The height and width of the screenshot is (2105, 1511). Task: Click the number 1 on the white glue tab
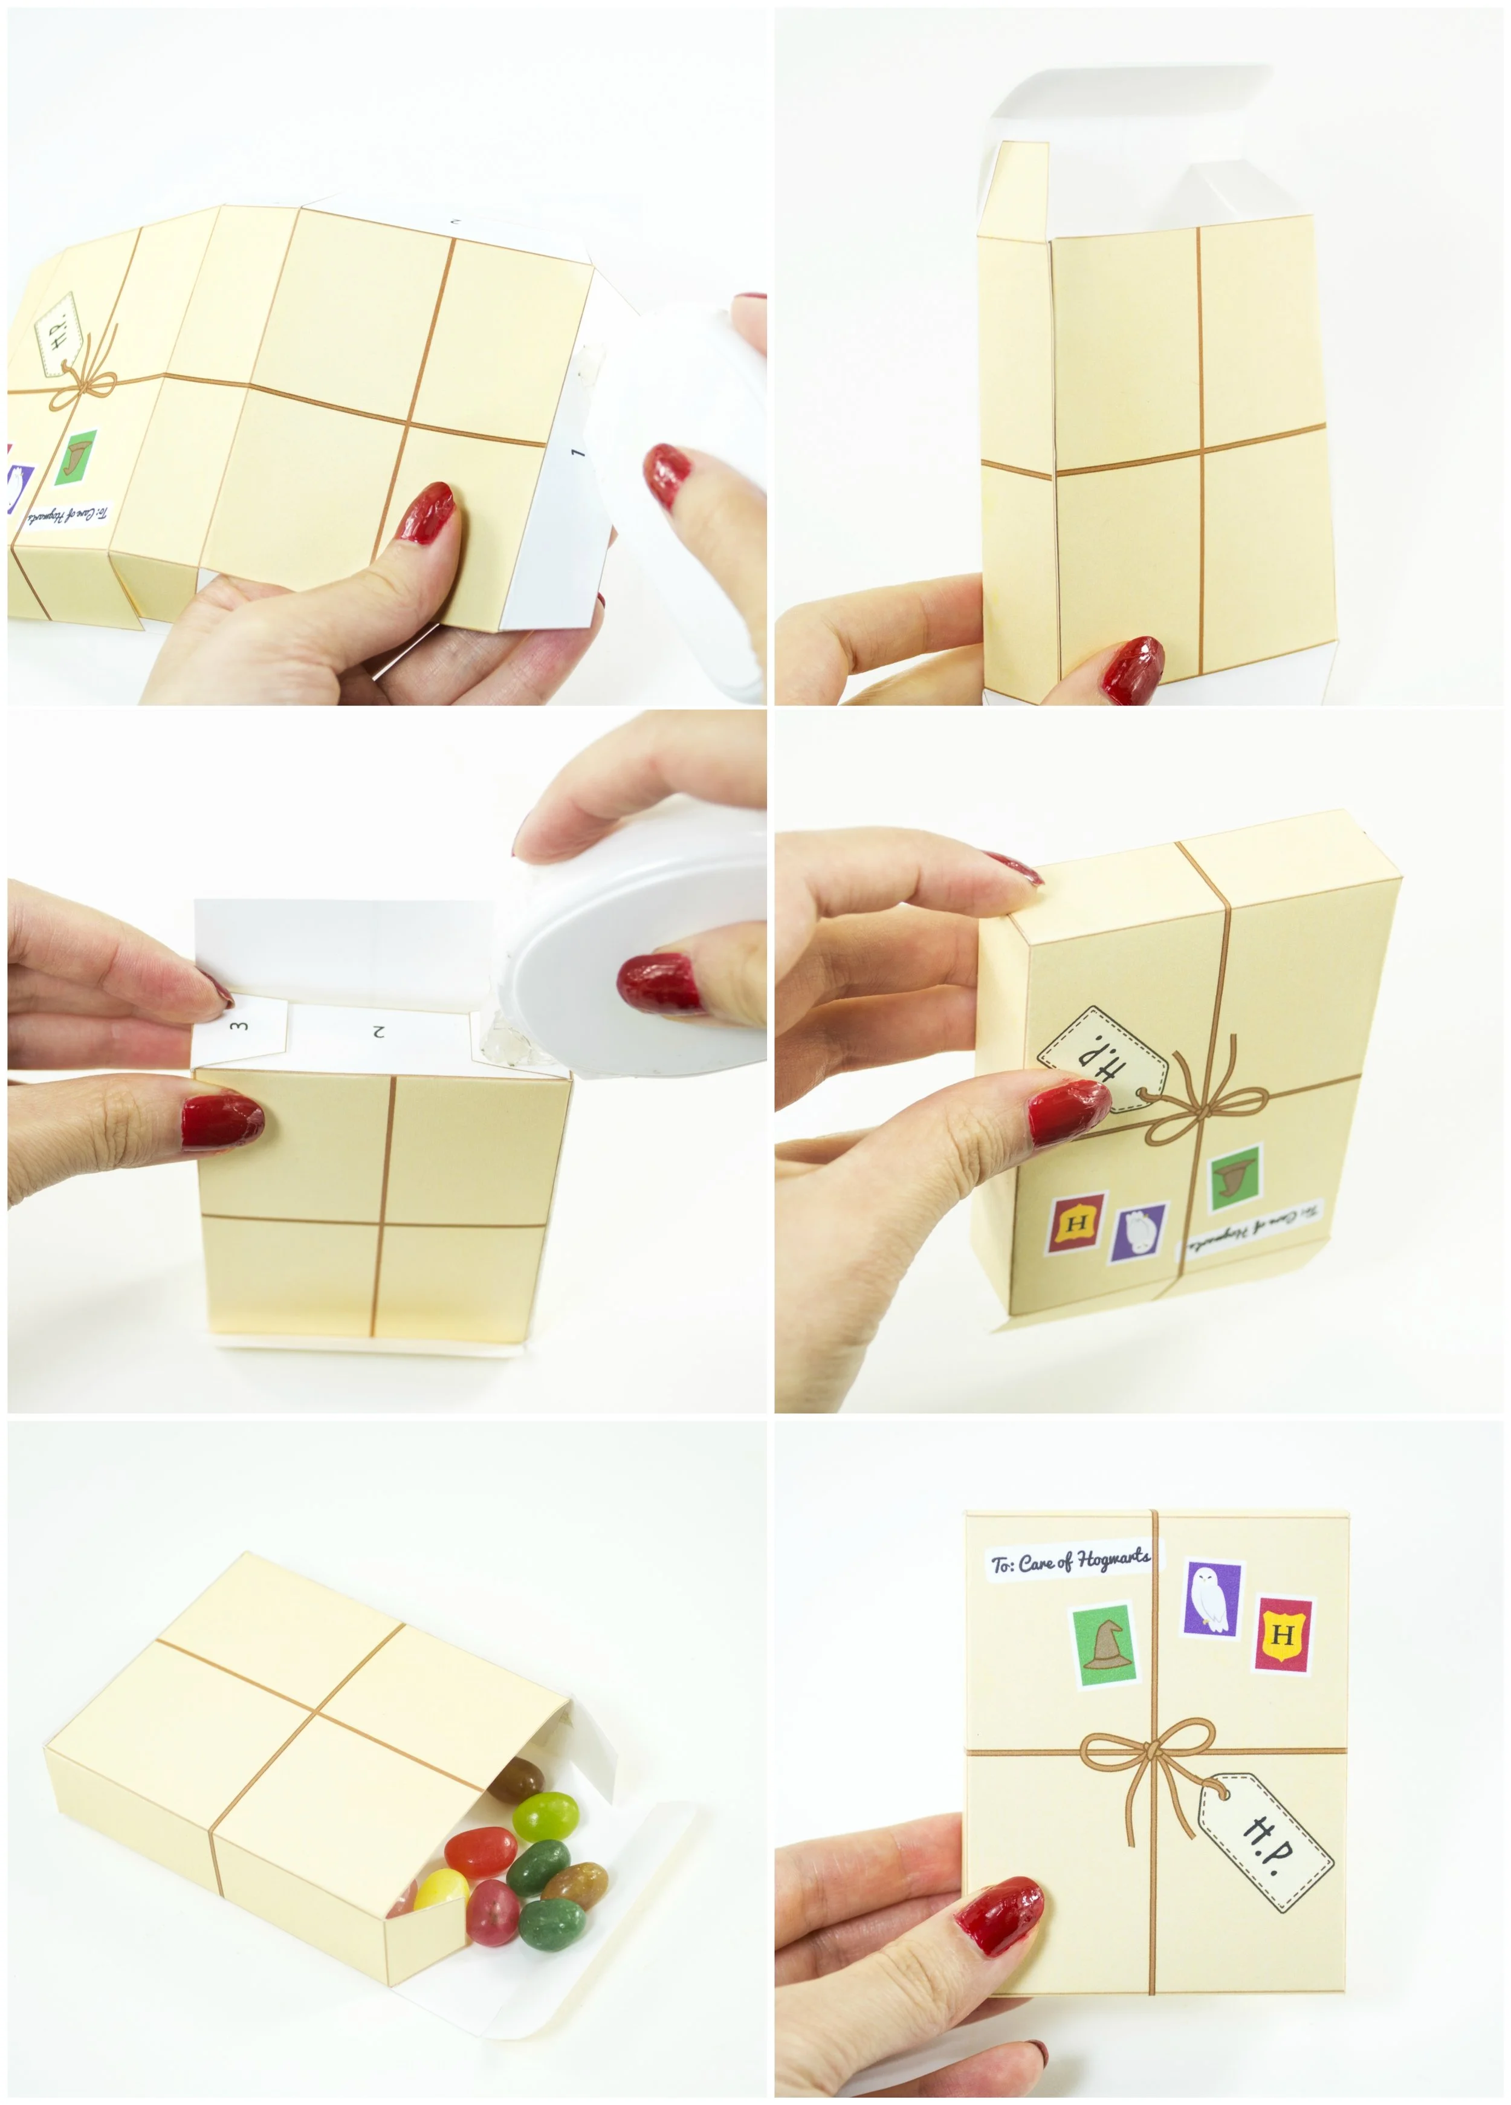[x=577, y=452]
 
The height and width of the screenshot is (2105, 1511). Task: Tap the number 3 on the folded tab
[x=239, y=1025]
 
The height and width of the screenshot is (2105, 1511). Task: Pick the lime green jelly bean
[x=546, y=1817]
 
